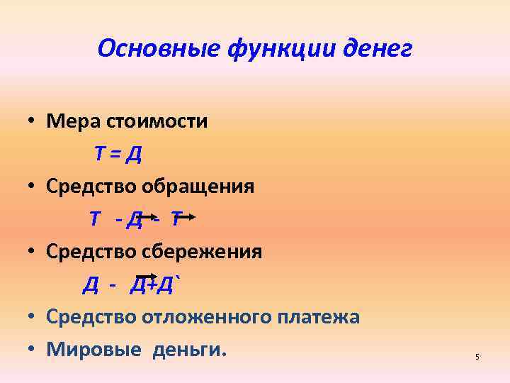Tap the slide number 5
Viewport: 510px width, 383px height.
pos(477,357)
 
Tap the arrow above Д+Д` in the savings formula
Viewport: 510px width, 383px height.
pos(147,277)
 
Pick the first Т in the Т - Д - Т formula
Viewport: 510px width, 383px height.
pos(95,219)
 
